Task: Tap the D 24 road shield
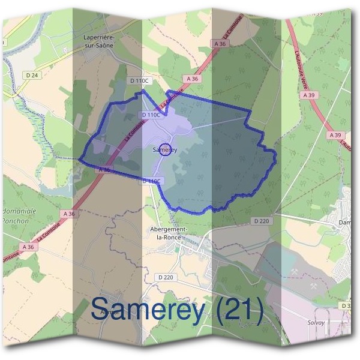32,75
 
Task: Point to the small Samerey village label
164,151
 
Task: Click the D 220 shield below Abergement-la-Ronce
167,277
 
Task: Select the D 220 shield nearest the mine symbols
262,221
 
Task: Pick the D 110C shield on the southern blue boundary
152,181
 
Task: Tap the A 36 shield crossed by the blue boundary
103,170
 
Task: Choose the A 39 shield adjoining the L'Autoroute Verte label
309,95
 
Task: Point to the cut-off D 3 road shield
347,307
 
